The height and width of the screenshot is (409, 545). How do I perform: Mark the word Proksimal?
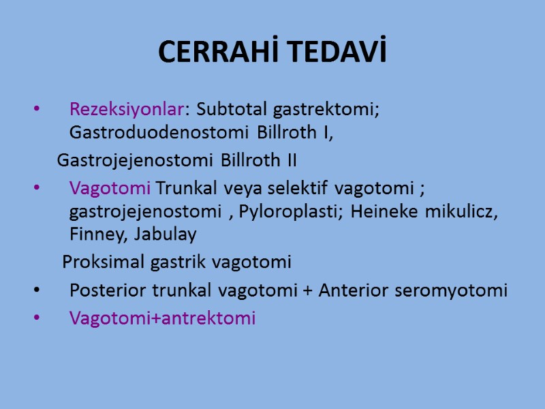97,262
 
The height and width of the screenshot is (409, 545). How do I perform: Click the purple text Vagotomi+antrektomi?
162,318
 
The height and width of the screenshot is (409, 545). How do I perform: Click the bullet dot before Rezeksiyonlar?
37,109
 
